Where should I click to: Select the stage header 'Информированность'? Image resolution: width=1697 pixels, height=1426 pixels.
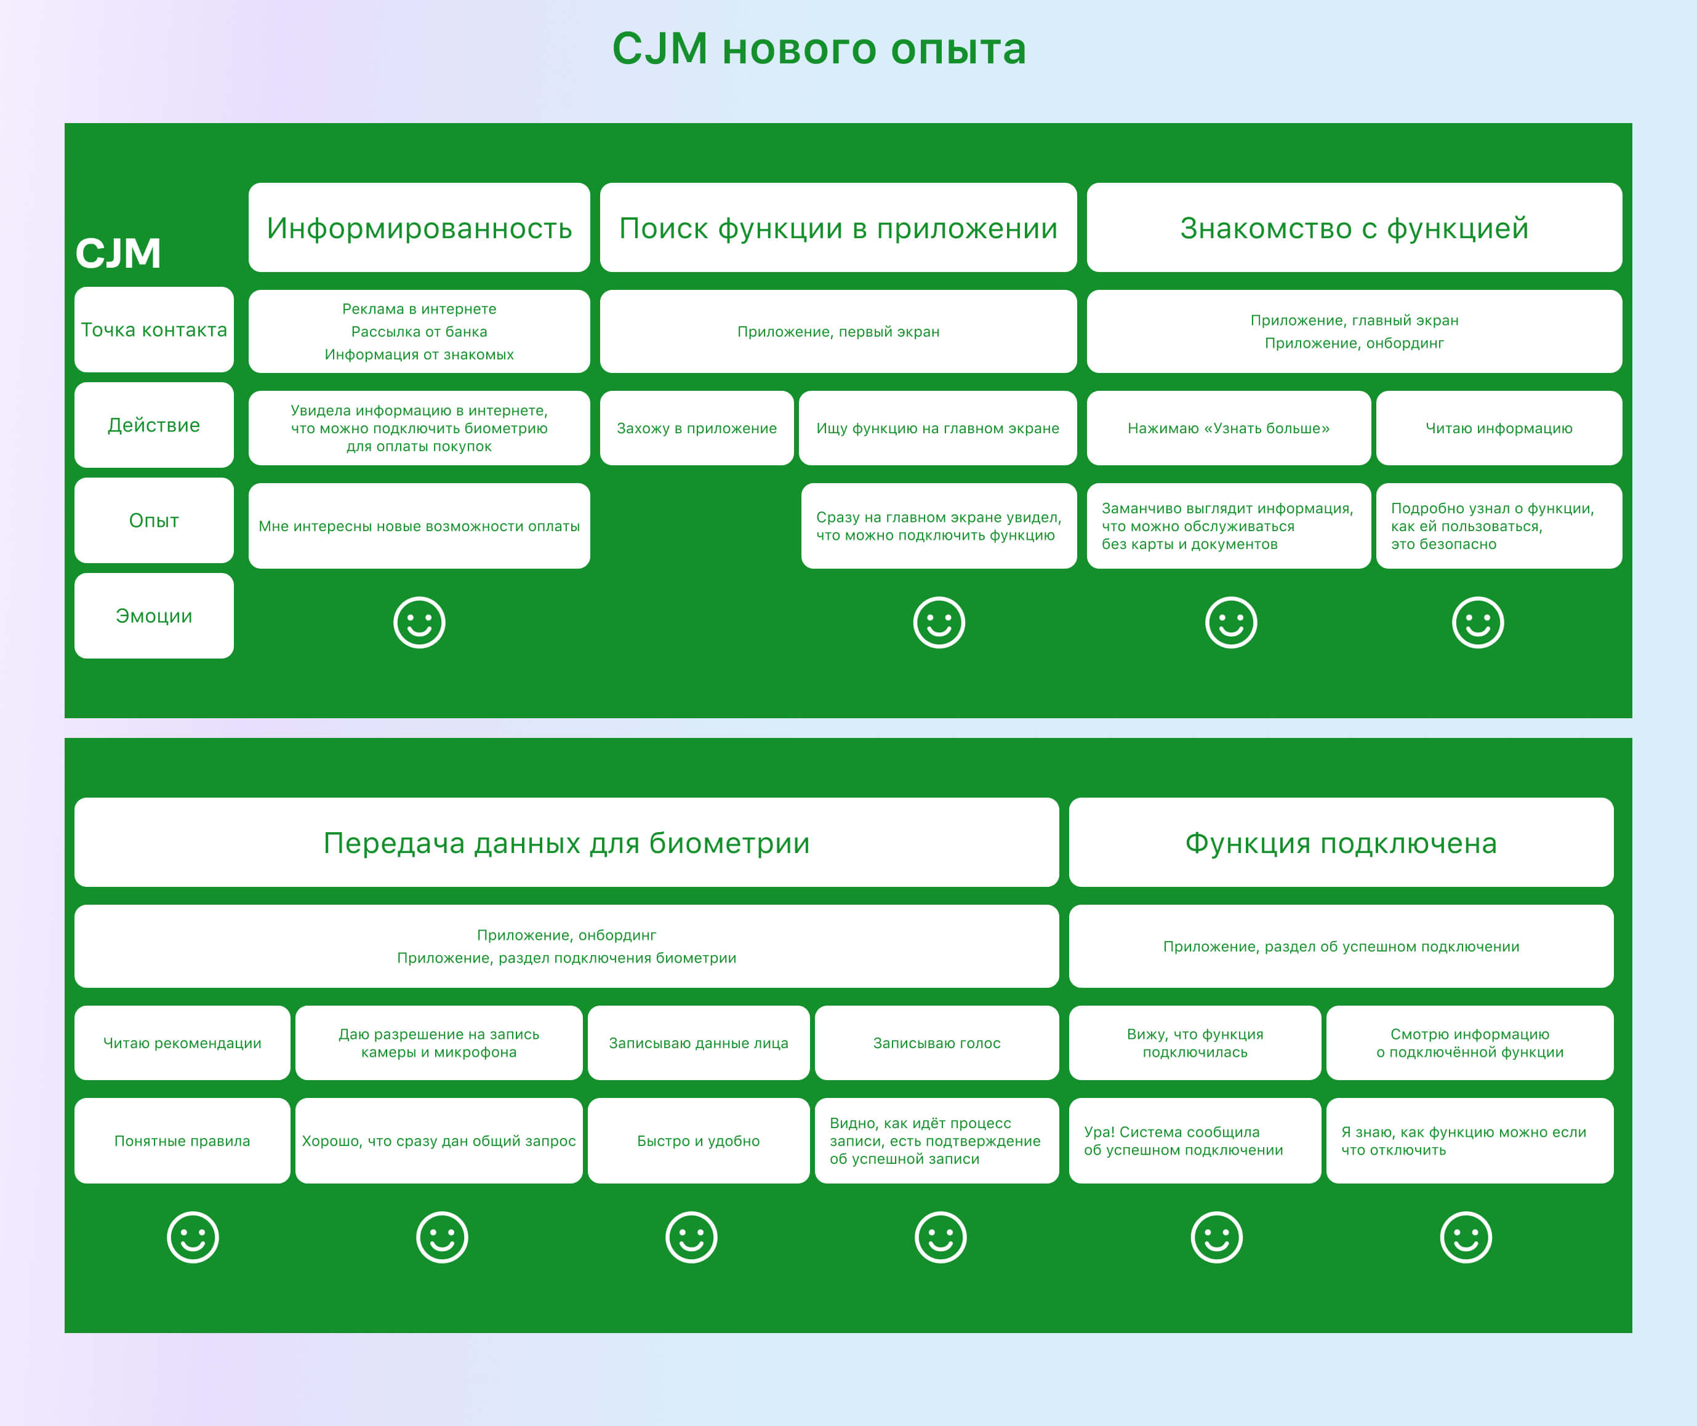[419, 228]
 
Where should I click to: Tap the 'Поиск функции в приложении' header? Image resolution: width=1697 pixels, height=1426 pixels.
[838, 228]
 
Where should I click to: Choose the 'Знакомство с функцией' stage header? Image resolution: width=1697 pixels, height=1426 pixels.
[1354, 228]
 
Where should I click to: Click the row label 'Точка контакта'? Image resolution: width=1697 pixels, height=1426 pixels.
[154, 330]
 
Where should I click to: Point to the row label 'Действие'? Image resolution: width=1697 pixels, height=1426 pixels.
[154, 425]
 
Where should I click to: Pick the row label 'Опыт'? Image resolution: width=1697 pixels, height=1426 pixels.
[154, 521]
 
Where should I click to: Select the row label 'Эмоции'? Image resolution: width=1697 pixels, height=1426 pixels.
[154, 616]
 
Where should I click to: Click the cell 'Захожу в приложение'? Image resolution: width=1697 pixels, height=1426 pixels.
[696, 428]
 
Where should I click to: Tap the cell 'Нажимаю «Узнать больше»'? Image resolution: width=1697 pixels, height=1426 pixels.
[1228, 428]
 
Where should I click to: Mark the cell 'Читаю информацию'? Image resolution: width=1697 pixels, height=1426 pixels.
[1498, 428]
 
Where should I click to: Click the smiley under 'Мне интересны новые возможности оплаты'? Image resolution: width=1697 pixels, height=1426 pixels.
[419, 622]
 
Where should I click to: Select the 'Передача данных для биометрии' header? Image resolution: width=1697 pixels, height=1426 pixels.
[566, 843]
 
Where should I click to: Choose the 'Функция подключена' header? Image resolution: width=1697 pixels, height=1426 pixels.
[1341, 843]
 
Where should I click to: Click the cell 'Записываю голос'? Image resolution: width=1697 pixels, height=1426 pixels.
[936, 1043]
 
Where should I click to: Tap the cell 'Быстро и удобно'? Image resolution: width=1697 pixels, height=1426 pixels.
[698, 1140]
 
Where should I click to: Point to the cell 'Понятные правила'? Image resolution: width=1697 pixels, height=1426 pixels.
[182, 1140]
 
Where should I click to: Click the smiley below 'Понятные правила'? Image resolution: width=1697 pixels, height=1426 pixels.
[193, 1237]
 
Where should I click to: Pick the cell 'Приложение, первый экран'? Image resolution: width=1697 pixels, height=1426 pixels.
[838, 332]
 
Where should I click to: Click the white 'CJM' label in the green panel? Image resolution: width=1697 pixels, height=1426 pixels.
[118, 253]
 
